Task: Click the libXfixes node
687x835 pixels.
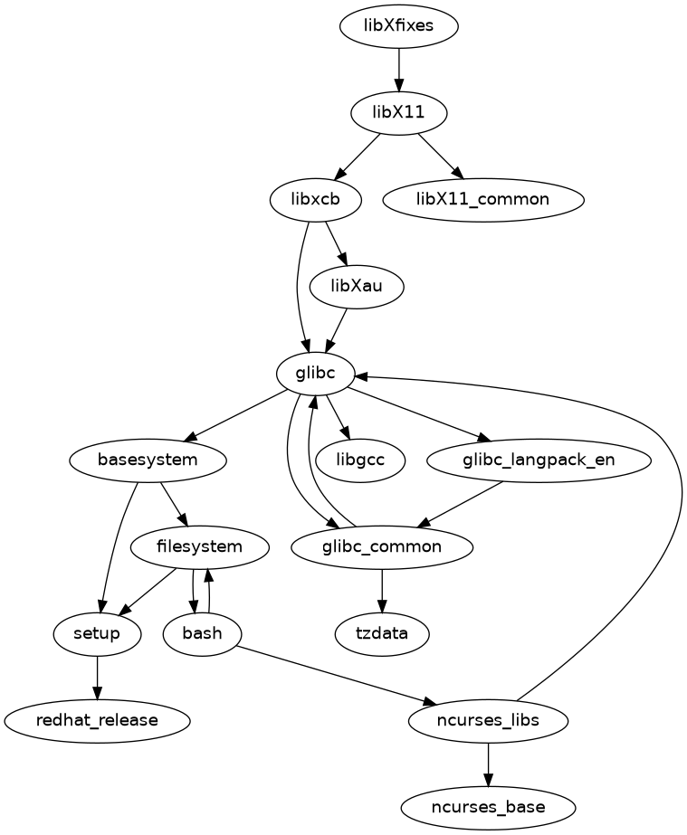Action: (398, 25)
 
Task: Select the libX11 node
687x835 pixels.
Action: (398, 112)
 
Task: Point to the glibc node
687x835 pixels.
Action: (317, 373)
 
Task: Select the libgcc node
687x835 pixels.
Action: (360, 460)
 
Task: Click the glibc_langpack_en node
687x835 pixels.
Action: (539, 460)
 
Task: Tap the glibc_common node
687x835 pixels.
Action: (382, 546)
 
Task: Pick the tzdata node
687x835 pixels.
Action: (382, 633)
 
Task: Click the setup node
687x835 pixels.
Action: (97, 633)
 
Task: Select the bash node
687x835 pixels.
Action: (202, 633)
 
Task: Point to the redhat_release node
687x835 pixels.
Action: (97, 720)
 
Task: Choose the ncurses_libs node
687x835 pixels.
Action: (489, 720)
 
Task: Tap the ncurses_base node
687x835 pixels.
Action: (489, 807)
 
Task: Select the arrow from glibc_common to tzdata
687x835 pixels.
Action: (382, 590)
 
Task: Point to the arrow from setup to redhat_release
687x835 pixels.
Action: (97, 677)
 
